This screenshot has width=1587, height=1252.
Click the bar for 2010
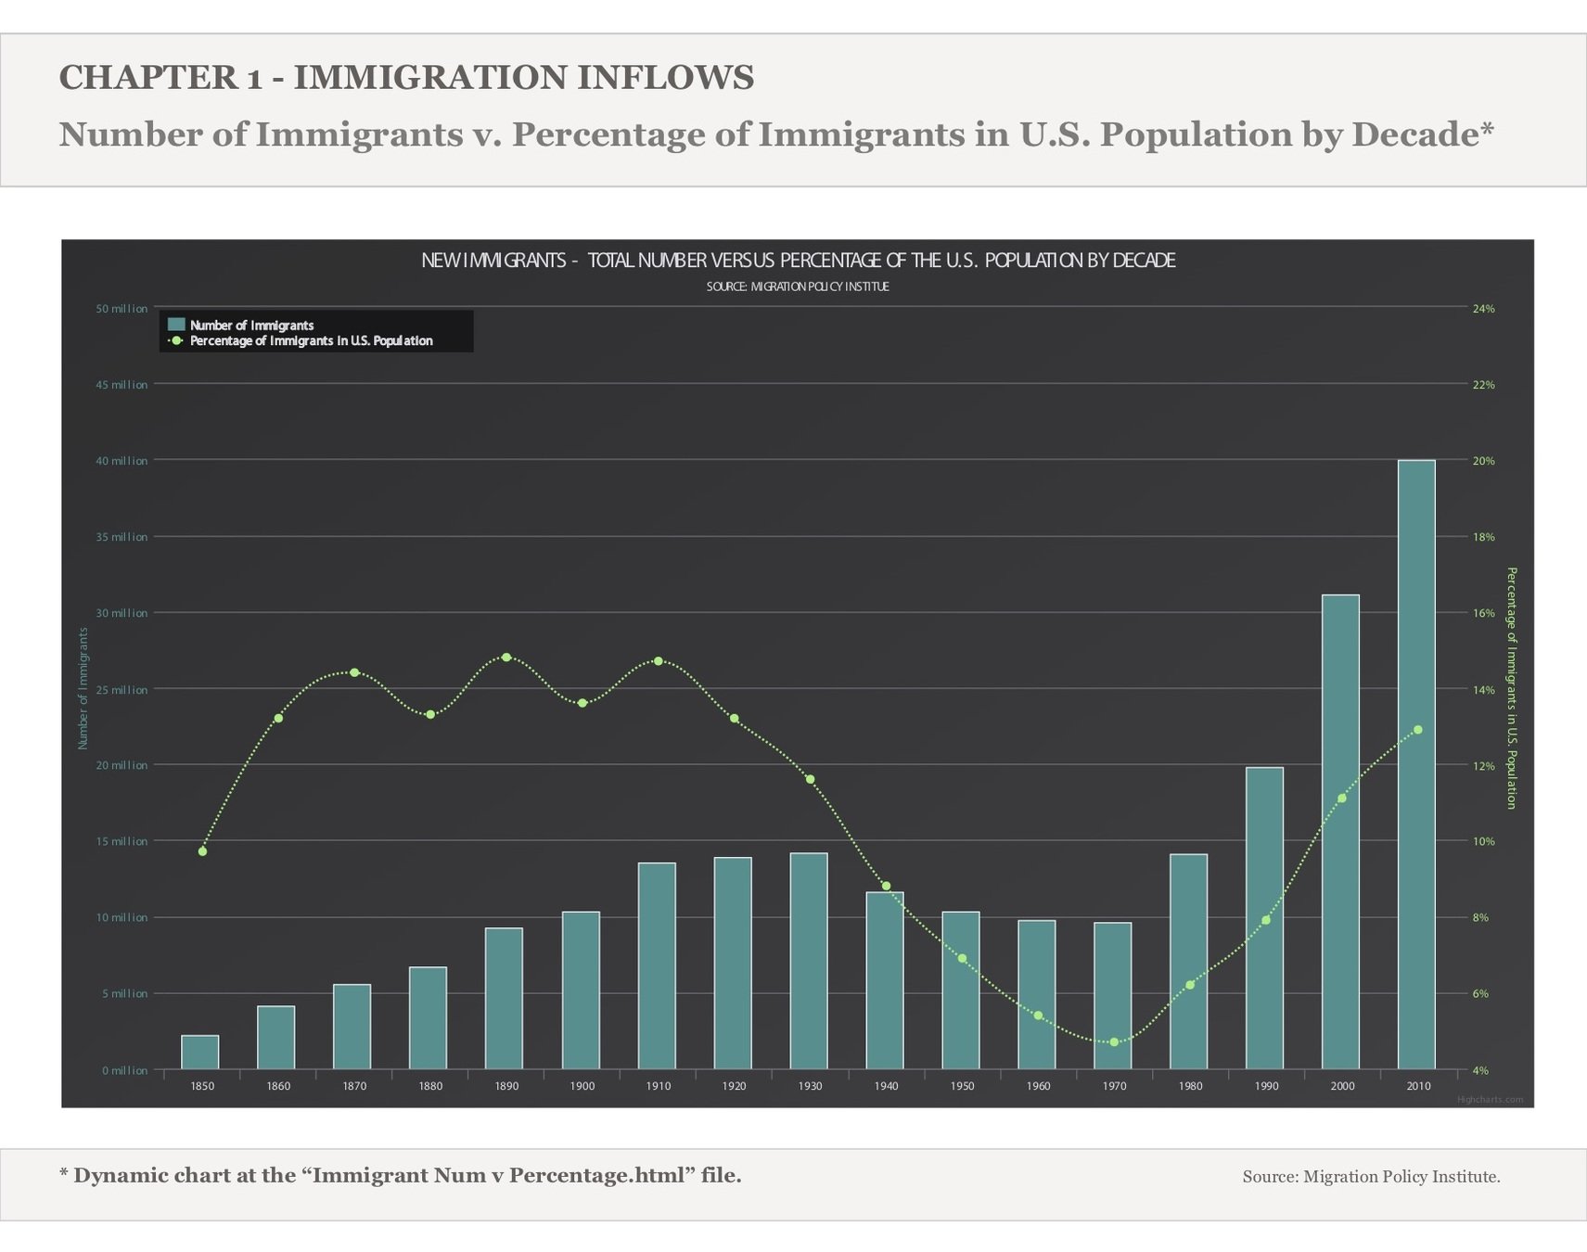pos(1416,765)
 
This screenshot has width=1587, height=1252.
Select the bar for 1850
pos(200,1053)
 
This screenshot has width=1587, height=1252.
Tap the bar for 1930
pos(809,962)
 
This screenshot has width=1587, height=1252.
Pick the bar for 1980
pos(1189,962)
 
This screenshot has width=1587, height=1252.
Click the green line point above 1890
pos(506,658)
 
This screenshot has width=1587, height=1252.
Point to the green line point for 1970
pos(1114,1042)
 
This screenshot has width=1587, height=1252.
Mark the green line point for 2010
pos(1417,730)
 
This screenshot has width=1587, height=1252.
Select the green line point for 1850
pos(202,851)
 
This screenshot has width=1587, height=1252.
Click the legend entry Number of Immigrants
pos(251,326)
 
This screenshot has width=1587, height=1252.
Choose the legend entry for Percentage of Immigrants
pos(311,341)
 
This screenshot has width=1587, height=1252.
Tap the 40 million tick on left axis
pos(122,461)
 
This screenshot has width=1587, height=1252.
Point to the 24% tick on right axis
pos(1483,309)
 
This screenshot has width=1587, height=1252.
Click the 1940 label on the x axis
pos(886,1086)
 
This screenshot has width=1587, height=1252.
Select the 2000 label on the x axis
pos(1341,1086)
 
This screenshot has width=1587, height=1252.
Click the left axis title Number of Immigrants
pos(83,688)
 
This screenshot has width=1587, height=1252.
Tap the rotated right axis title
pos(1510,688)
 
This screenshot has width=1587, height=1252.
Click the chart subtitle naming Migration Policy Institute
pos(798,287)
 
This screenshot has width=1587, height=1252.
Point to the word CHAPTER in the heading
pos(147,78)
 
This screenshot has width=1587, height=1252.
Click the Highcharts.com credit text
pos(1490,1100)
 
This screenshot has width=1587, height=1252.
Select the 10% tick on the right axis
pos(1483,842)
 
